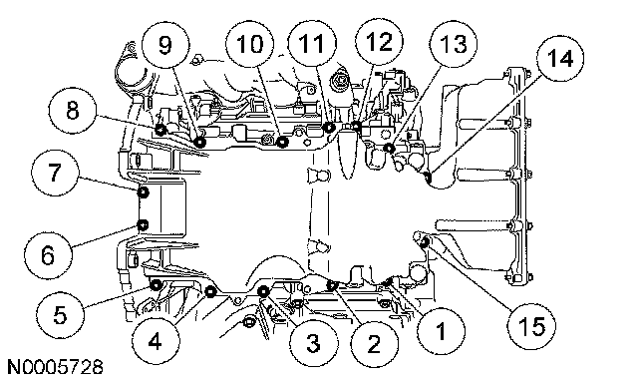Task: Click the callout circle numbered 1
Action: point(441,329)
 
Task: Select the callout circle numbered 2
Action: point(374,344)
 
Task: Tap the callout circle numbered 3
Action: point(313,343)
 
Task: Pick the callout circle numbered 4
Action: point(157,341)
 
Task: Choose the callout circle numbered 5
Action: point(60,314)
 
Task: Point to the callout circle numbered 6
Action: point(48,255)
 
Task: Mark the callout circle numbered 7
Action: point(55,173)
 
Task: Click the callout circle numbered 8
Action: point(73,110)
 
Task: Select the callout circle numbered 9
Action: point(165,44)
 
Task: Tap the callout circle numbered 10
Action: point(250,43)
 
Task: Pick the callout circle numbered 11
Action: point(312,42)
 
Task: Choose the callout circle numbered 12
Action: point(379,41)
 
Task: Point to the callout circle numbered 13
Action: point(454,43)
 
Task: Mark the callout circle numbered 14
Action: point(560,58)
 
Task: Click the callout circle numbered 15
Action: point(531,325)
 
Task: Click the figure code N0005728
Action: point(56,367)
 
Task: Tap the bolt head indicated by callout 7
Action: point(144,192)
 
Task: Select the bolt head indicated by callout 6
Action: point(143,224)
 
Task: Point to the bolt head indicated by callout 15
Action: point(425,243)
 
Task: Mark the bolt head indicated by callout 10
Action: point(282,142)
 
